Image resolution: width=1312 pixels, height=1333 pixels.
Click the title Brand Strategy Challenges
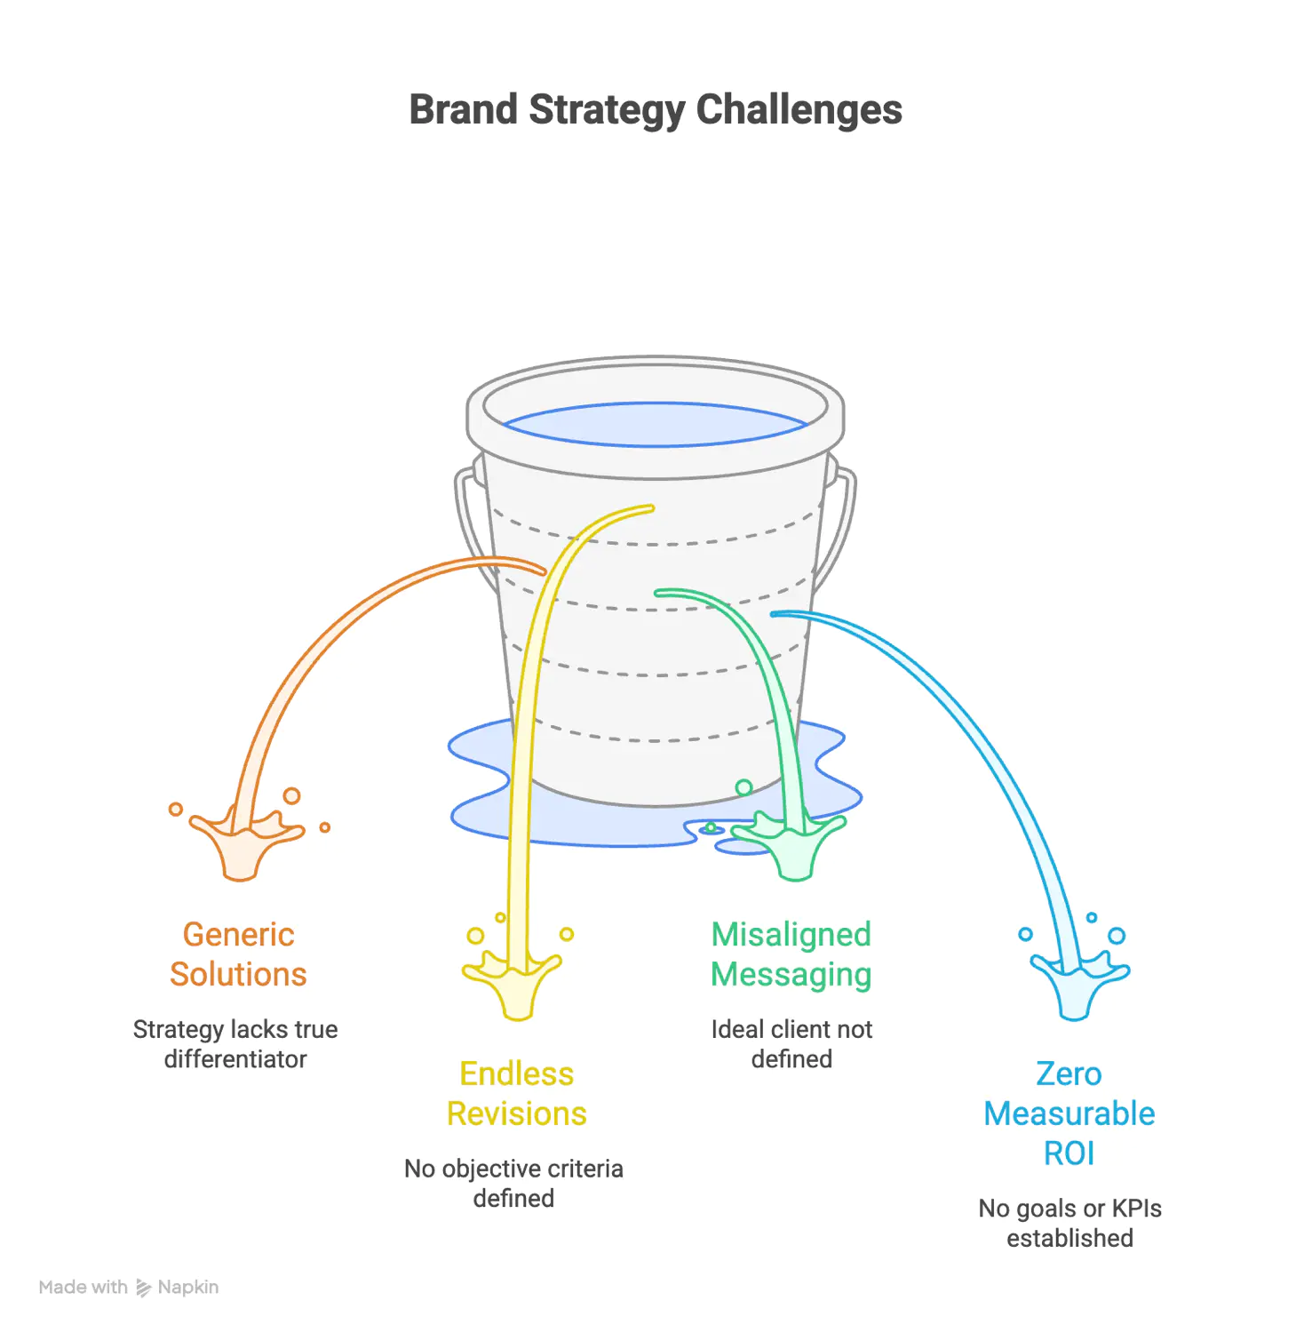tap(656, 111)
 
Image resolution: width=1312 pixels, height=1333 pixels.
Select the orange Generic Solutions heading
tap(238, 954)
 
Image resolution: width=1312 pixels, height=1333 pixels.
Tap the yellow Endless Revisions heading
tap(517, 1094)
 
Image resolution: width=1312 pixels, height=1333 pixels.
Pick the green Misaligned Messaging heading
tap(791, 954)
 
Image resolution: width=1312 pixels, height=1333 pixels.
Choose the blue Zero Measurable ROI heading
tap(1069, 1113)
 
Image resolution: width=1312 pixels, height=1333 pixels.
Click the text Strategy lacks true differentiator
tap(235, 1044)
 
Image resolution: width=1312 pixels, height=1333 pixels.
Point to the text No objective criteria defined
tap(513, 1184)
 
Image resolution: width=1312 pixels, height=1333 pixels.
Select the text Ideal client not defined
tap(791, 1044)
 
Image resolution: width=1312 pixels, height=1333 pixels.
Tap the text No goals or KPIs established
tap(1069, 1224)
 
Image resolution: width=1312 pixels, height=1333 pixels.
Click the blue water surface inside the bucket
tap(656, 425)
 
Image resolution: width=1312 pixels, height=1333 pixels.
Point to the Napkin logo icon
tap(143, 1288)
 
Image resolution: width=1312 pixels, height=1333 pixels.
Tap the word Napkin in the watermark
tap(188, 1288)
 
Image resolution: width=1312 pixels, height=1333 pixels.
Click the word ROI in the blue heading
tap(1069, 1153)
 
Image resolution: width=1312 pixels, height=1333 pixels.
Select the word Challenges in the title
tap(799, 111)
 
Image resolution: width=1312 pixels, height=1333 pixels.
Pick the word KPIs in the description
tap(1136, 1209)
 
